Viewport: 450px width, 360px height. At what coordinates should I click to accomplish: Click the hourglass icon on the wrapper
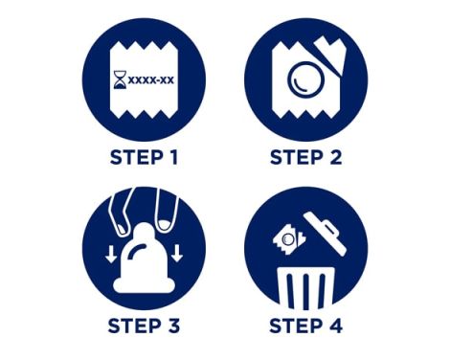click(120, 79)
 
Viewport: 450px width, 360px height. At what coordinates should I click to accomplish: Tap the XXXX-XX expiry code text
click(151, 79)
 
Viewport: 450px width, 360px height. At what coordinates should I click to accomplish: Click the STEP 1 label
click(144, 157)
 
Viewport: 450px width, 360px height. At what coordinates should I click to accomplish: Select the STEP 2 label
click(305, 157)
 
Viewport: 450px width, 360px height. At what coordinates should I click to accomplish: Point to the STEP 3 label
click(144, 326)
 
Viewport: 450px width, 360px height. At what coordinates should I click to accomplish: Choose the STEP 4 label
click(305, 326)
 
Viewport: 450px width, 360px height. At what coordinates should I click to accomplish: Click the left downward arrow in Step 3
click(111, 254)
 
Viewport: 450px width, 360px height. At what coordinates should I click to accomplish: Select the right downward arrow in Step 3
click(176, 254)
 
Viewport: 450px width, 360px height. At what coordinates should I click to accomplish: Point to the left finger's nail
click(122, 228)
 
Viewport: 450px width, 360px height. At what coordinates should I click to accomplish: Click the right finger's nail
click(165, 225)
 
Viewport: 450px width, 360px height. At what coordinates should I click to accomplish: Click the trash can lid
click(325, 233)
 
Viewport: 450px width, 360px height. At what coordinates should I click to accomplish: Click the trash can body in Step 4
click(305, 288)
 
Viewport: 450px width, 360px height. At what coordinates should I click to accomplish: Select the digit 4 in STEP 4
click(336, 326)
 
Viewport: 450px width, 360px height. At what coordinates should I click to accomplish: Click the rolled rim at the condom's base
click(144, 285)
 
